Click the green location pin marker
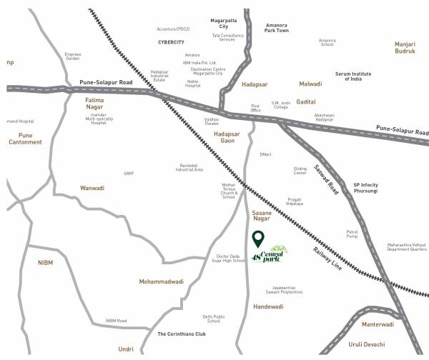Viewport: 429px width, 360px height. coord(258,239)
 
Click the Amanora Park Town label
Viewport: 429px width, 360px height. coord(277,27)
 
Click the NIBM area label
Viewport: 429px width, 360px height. coord(46,262)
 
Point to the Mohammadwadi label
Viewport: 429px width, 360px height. coord(162,281)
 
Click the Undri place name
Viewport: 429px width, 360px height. coord(126,349)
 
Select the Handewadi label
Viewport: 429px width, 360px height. coord(268,306)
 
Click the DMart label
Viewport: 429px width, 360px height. coord(265,154)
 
